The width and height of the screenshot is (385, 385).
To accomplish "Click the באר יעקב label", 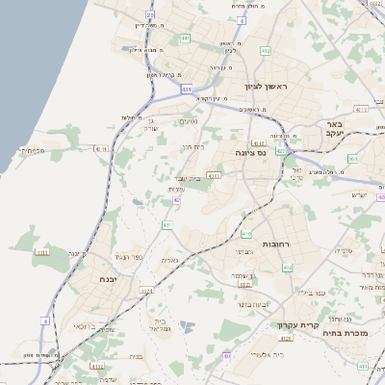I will pos(333,128).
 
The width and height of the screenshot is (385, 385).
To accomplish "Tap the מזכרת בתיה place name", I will pos(343,339).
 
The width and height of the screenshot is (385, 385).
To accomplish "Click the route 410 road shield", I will pos(247,233).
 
